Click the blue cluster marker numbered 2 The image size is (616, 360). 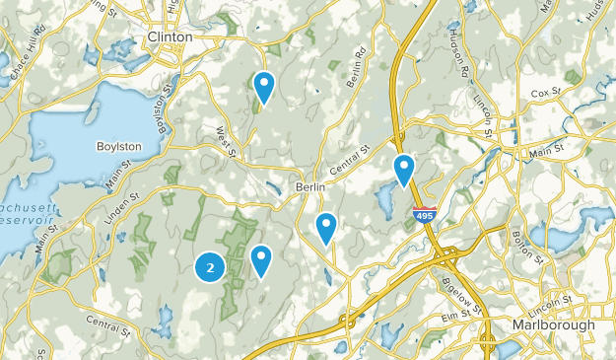[x=209, y=266]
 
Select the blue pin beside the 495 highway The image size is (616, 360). [x=404, y=170]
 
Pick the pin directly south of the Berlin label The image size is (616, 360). [x=326, y=228]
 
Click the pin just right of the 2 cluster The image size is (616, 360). [x=261, y=260]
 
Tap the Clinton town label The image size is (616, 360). [x=170, y=36]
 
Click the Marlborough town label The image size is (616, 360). [x=553, y=324]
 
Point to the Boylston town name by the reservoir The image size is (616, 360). [x=119, y=146]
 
